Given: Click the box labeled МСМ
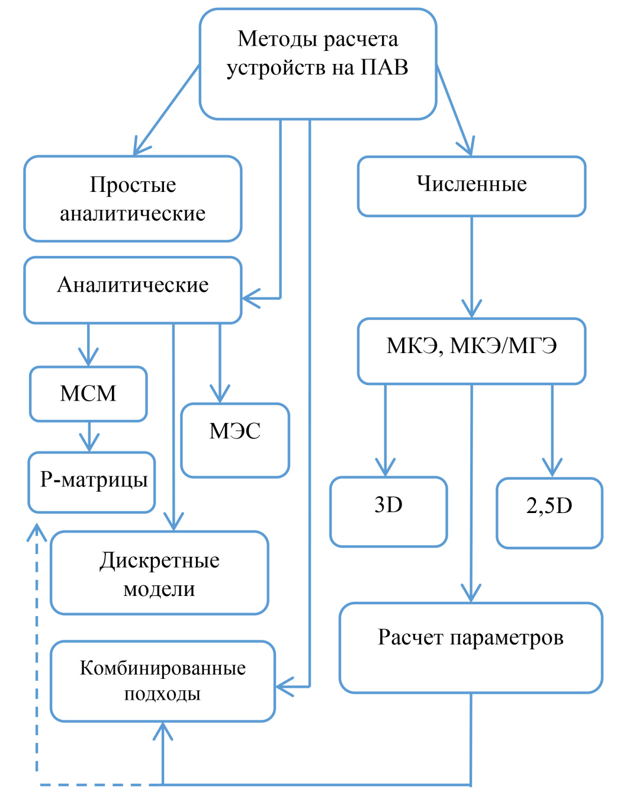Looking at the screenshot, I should [88, 393].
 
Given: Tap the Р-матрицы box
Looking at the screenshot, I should [92, 482].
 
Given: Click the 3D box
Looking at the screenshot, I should [388, 511].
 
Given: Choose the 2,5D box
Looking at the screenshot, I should [550, 512].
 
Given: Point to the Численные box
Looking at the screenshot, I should [471, 185].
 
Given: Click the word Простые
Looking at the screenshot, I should [133, 185].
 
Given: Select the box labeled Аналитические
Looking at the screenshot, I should [133, 289].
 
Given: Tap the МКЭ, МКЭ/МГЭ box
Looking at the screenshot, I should [471, 350].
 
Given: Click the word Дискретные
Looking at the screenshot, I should [159, 560].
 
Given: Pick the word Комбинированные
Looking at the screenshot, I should [163, 668].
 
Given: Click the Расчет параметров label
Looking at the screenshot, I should [471, 637].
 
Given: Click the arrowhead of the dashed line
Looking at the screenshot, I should [37, 531].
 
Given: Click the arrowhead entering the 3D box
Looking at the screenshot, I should [386, 468].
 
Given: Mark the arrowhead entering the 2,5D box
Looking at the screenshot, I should [552, 468].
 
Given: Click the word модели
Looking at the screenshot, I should [159, 589].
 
